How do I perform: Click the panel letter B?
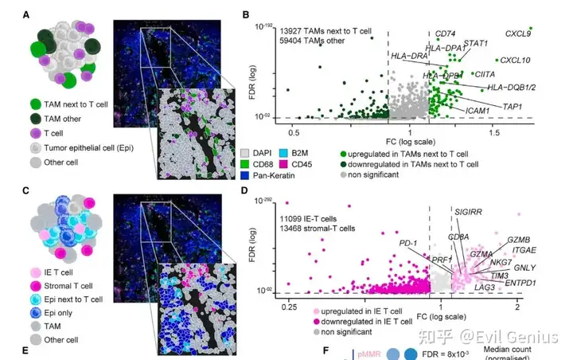[247, 15]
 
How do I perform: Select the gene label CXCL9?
[518, 33]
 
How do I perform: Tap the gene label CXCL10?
[516, 60]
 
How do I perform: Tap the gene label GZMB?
[518, 240]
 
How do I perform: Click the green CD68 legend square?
[246, 165]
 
